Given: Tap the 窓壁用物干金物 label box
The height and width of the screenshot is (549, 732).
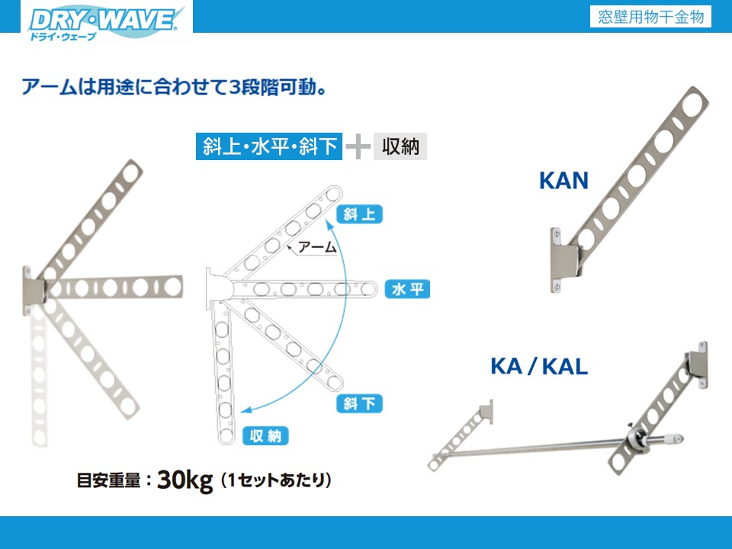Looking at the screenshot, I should (650, 17).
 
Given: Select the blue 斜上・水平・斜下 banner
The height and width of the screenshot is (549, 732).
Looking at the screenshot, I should (268, 146).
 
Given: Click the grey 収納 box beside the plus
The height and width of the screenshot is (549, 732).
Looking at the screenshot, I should (400, 146).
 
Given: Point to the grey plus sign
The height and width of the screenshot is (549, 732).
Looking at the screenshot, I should (358, 146).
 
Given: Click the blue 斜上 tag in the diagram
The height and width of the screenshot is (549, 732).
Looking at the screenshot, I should (358, 214).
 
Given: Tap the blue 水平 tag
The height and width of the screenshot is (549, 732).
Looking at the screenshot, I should (408, 289).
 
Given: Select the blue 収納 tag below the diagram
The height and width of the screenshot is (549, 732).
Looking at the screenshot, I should (265, 436).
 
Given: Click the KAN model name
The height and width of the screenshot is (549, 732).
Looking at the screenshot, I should (563, 181).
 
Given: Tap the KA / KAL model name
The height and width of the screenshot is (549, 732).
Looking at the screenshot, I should (539, 367).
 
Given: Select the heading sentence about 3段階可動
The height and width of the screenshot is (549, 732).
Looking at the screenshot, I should (174, 86).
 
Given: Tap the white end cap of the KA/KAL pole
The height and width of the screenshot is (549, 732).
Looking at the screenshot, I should (675, 439).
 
